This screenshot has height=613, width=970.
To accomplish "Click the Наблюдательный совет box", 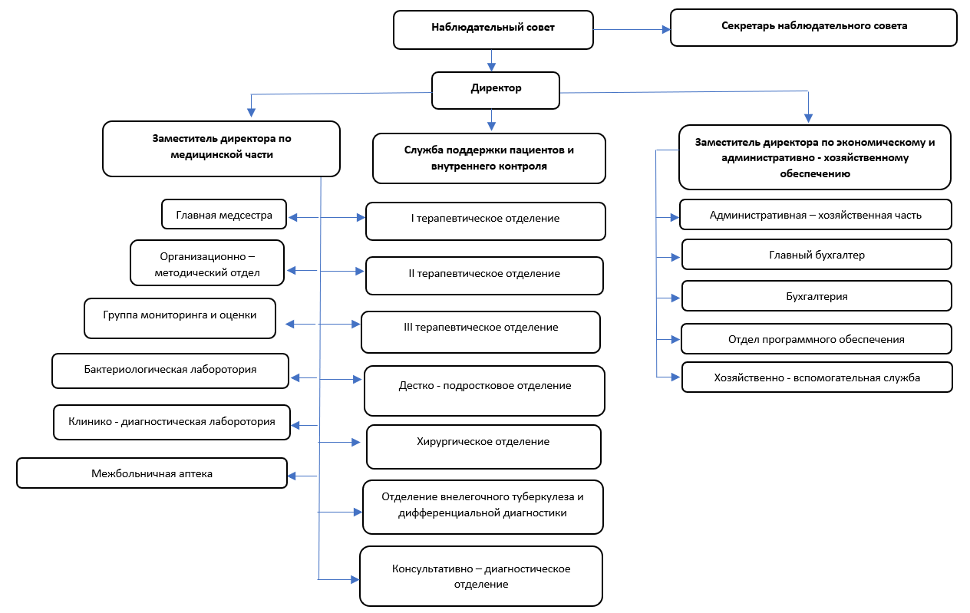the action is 493,30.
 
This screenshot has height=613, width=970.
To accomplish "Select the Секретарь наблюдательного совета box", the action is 813,28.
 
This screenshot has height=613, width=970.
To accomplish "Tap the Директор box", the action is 496,91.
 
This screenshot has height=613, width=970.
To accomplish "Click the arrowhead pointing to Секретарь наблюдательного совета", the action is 666,29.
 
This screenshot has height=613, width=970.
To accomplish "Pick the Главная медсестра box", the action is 224,214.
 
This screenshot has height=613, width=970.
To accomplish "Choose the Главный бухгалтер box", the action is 817,255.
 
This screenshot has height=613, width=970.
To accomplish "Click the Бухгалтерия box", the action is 817,296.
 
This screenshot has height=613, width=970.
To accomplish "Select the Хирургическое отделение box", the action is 483,447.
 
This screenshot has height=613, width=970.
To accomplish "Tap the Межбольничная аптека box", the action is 152,473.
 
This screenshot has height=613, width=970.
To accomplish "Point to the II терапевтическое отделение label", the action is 484,274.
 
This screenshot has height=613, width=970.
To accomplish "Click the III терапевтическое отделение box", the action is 480,332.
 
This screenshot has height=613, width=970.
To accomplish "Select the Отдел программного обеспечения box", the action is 817,339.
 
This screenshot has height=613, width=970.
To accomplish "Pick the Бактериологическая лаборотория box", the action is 170,371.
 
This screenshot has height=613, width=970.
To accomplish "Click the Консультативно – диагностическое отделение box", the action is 481,576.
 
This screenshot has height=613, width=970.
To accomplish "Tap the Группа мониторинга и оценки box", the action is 180,318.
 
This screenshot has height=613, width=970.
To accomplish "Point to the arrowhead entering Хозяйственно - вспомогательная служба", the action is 675,377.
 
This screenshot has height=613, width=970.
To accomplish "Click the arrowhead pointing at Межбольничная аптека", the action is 292,476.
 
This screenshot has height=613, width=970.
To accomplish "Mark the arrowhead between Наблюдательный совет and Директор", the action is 491,67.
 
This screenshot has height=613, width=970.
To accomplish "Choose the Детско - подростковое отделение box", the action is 484,391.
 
